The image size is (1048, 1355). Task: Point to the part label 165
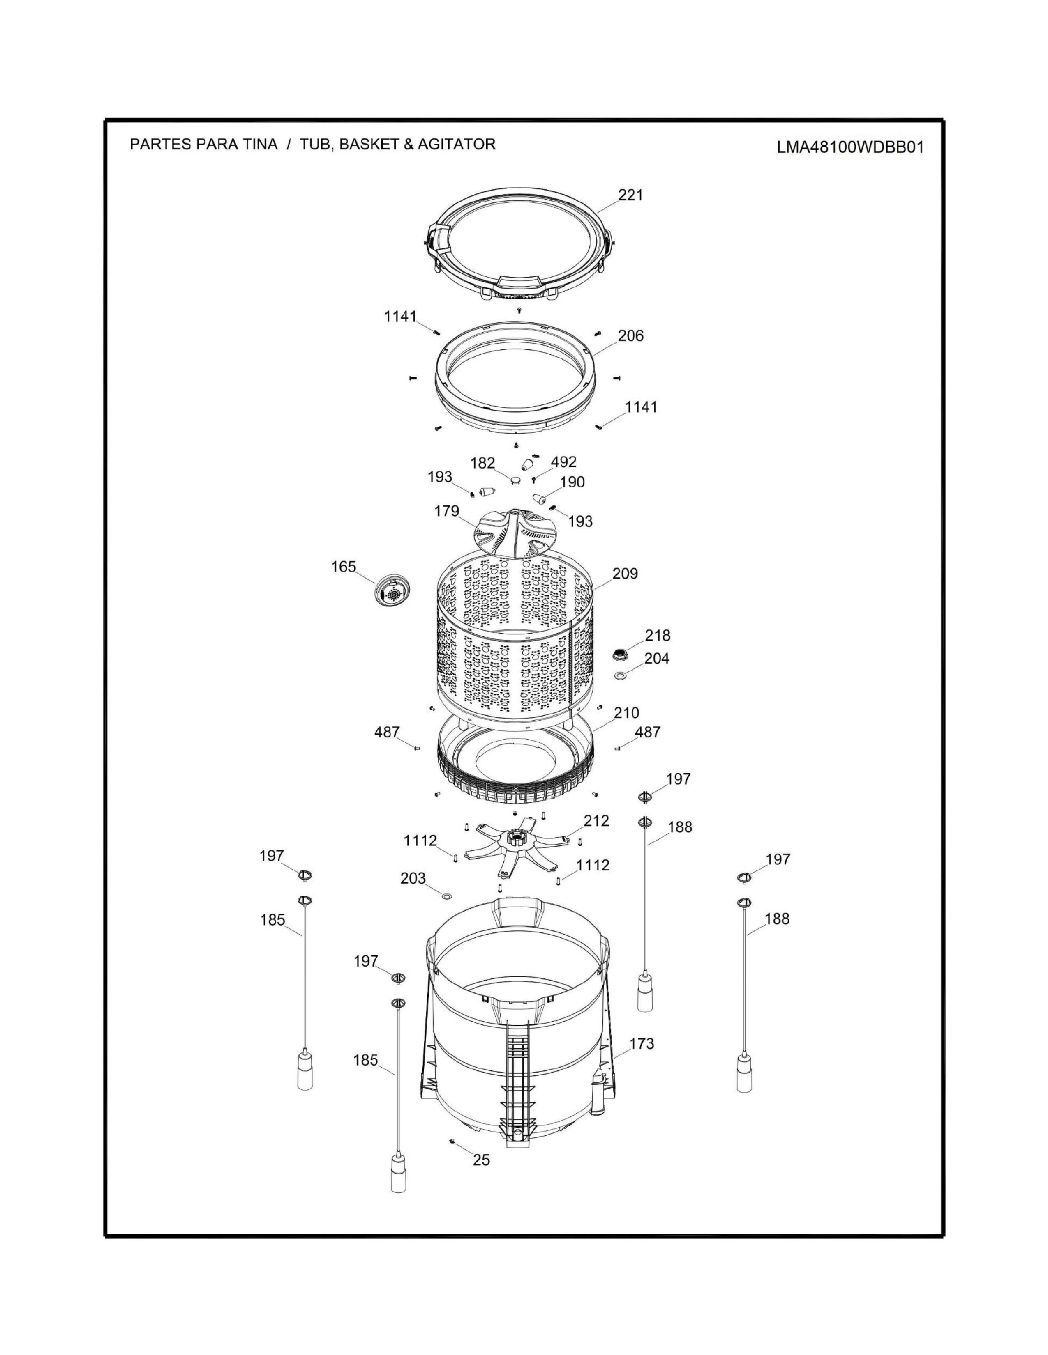[x=343, y=567]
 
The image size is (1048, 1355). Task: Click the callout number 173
[x=642, y=1044]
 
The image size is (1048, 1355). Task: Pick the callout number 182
[x=482, y=464]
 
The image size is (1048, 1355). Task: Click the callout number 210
[x=626, y=713]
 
